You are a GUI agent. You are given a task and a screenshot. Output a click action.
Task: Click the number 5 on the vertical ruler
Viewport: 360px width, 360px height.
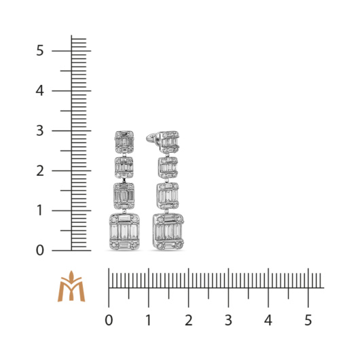[x=39, y=50]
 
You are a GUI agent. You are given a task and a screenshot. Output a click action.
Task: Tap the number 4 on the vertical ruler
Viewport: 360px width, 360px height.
[x=39, y=90]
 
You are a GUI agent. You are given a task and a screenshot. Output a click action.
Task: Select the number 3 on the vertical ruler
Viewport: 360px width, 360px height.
[x=39, y=130]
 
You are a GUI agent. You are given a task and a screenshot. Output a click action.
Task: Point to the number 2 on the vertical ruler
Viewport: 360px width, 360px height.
[x=40, y=170]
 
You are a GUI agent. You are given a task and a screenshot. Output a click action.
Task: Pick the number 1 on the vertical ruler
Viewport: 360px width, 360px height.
[x=39, y=211]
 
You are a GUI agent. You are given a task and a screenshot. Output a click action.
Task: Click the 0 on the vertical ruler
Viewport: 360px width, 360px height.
[x=39, y=250]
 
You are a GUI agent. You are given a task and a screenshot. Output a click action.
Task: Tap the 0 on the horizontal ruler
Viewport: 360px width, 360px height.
[x=109, y=320]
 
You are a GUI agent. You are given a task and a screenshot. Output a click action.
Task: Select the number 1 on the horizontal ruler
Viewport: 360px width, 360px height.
[x=149, y=320]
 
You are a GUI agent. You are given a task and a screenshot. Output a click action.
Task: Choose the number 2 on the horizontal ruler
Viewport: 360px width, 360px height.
[x=189, y=320]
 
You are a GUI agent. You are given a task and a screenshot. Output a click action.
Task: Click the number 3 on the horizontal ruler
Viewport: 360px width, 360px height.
[x=228, y=320]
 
